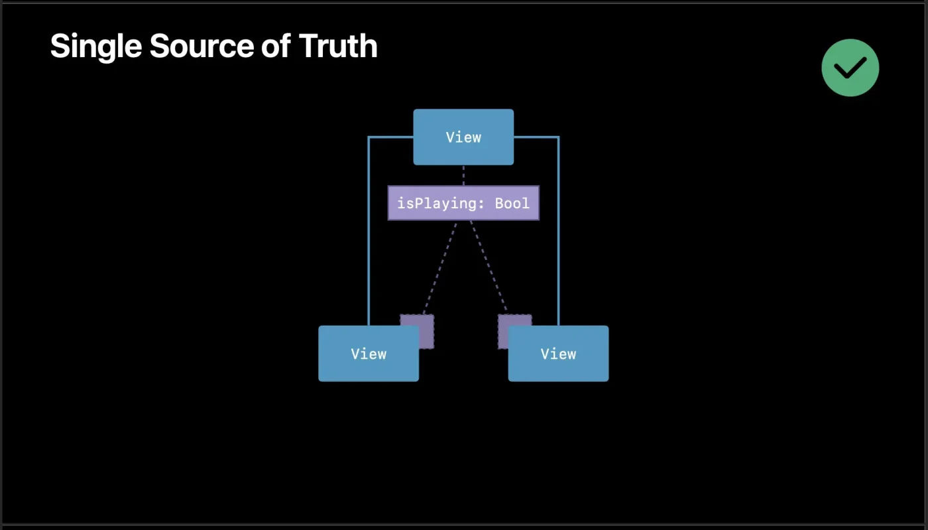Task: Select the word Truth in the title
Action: (x=338, y=46)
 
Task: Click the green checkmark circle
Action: (x=850, y=68)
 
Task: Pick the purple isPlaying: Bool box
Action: (x=463, y=203)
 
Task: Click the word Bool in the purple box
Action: (x=512, y=203)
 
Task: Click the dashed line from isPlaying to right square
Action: (x=488, y=265)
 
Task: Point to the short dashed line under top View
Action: (x=463, y=175)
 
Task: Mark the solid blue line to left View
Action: (x=369, y=232)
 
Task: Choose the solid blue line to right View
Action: (x=558, y=232)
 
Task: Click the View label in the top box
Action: (x=463, y=137)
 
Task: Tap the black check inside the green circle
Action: (x=850, y=68)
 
